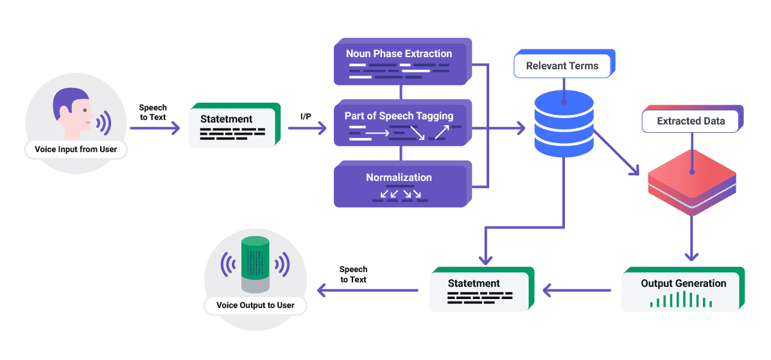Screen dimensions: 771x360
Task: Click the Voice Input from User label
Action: (76, 150)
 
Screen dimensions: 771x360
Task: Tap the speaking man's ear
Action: (64, 112)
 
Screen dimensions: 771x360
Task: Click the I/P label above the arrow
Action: (306, 117)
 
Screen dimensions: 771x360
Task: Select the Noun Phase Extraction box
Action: (403, 62)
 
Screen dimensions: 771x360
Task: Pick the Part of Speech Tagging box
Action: (403, 123)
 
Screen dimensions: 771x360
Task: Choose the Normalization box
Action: (403, 184)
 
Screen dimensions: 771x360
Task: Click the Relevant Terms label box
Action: (564, 64)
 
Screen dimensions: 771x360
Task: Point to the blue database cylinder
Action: (564, 124)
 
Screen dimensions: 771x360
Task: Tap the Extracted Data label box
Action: (693, 119)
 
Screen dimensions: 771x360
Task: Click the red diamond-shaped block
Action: (692, 182)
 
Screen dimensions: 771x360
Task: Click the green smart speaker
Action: (255, 264)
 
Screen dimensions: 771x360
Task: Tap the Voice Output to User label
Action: (256, 305)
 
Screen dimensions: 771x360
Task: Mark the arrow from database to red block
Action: (616, 153)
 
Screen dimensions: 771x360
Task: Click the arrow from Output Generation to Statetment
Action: (577, 291)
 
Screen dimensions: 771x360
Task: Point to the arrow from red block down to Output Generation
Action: (691, 238)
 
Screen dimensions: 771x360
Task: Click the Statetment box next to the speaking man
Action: (234, 125)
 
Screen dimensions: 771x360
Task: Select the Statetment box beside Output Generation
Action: (482, 289)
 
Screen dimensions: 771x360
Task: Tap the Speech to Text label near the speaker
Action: (353, 274)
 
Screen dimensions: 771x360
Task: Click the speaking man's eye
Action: (85, 110)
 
